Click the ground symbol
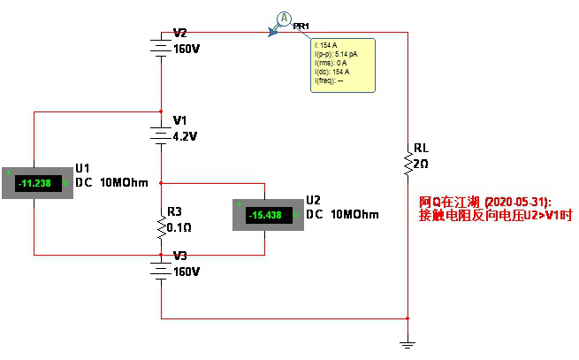click(408, 343)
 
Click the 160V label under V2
click(187, 50)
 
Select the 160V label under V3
click(187, 271)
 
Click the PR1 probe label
click(301, 27)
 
